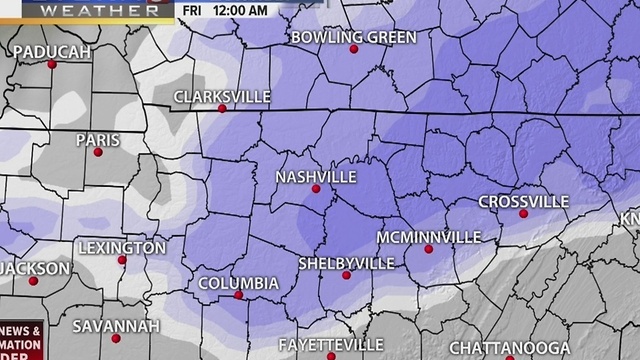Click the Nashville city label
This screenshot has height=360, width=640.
[x=316, y=176]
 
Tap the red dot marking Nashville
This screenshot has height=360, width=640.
[x=316, y=188]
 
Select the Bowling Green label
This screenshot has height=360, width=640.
[x=353, y=37]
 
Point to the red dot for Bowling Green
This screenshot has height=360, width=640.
[x=353, y=49]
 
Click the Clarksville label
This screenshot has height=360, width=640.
[x=222, y=96]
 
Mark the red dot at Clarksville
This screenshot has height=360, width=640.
[x=222, y=108]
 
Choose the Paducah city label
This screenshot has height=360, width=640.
[x=53, y=51]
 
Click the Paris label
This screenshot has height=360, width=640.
[x=98, y=140]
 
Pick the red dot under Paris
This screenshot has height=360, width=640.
[x=98, y=152]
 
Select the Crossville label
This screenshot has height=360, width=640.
[x=523, y=201]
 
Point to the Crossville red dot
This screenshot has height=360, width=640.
[x=523, y=213]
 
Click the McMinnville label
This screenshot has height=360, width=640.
[x=428, y=237]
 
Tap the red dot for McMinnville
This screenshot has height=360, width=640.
[x=428, y=249]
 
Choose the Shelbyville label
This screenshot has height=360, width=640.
[x=346, y=263]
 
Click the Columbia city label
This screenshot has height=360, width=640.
[x=238, y=283]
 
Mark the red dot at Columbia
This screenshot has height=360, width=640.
[x=238, y=295]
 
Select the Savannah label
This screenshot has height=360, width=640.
[x=116, y=326]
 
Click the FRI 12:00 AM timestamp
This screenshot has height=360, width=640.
[x=226, y=10]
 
